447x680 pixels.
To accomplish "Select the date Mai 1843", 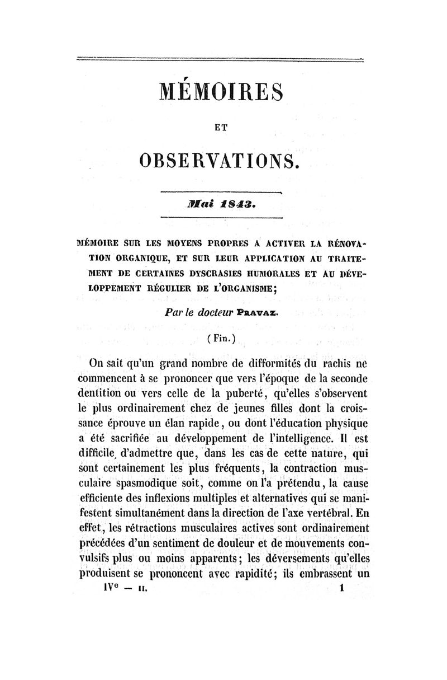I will click(x=222, y=204).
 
